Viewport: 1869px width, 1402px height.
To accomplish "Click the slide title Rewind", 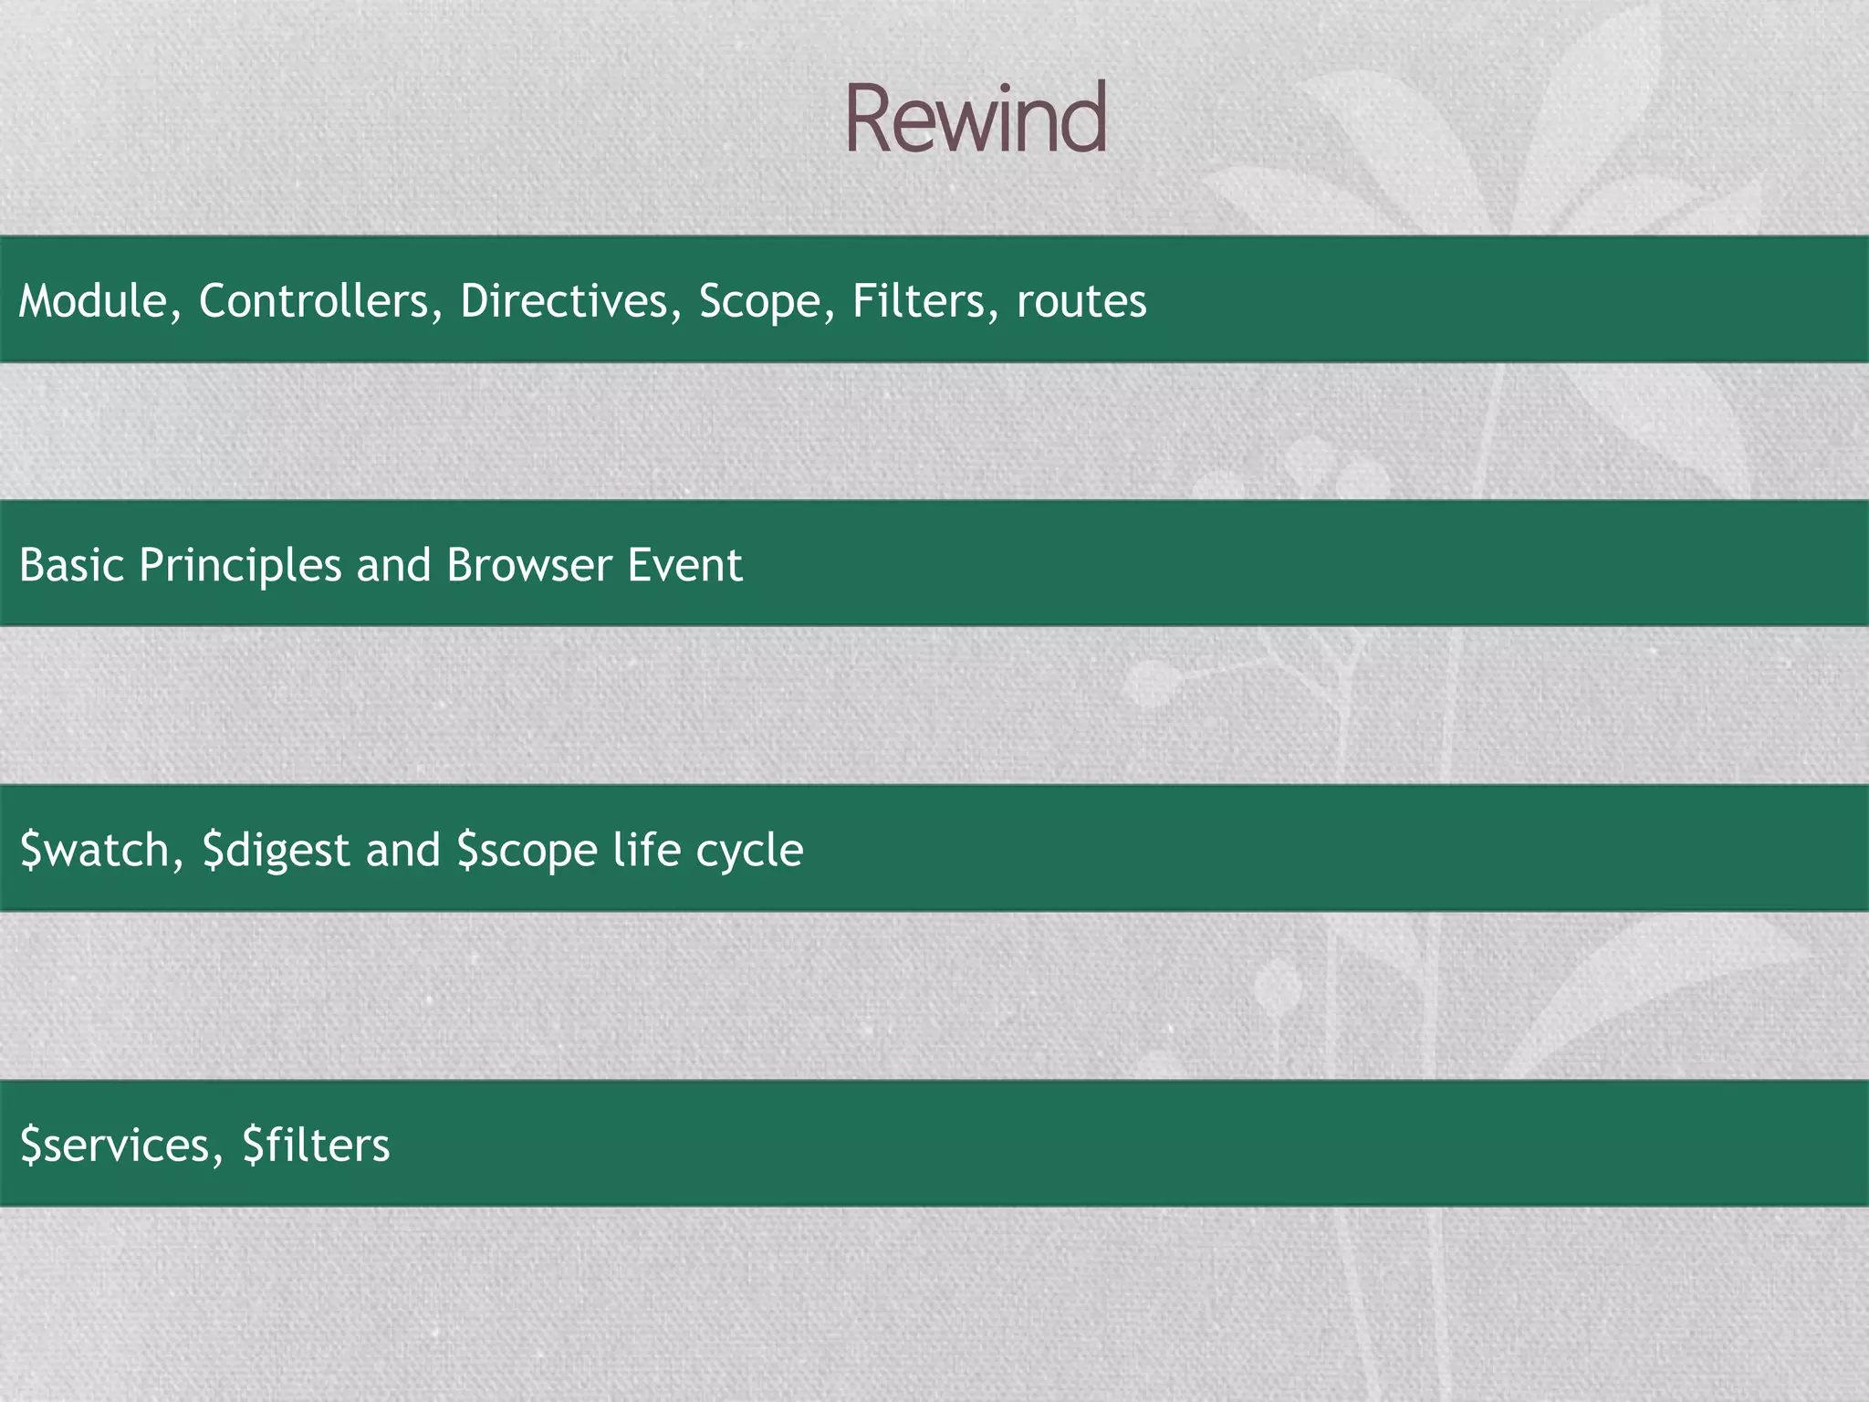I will coord(976,119).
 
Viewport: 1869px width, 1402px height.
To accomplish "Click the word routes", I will coord(1081,302).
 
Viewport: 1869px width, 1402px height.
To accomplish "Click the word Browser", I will coord(529,565).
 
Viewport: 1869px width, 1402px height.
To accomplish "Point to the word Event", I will coord(684,565).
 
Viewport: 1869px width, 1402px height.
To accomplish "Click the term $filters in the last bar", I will coord(316,1145).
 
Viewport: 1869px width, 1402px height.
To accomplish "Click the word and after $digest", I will coord(402,850).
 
